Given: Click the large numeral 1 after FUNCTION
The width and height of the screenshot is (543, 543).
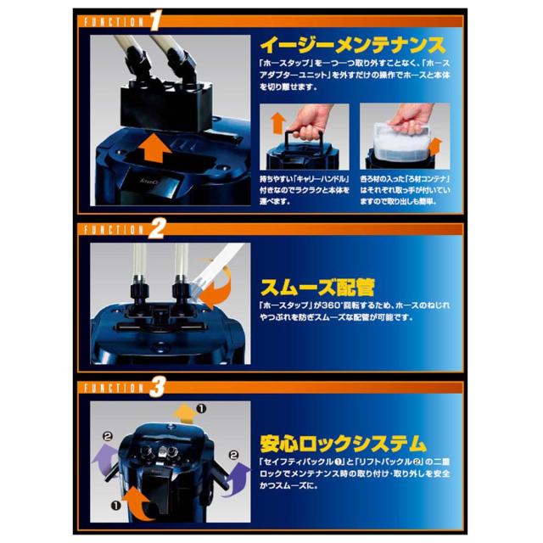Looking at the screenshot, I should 156,18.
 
